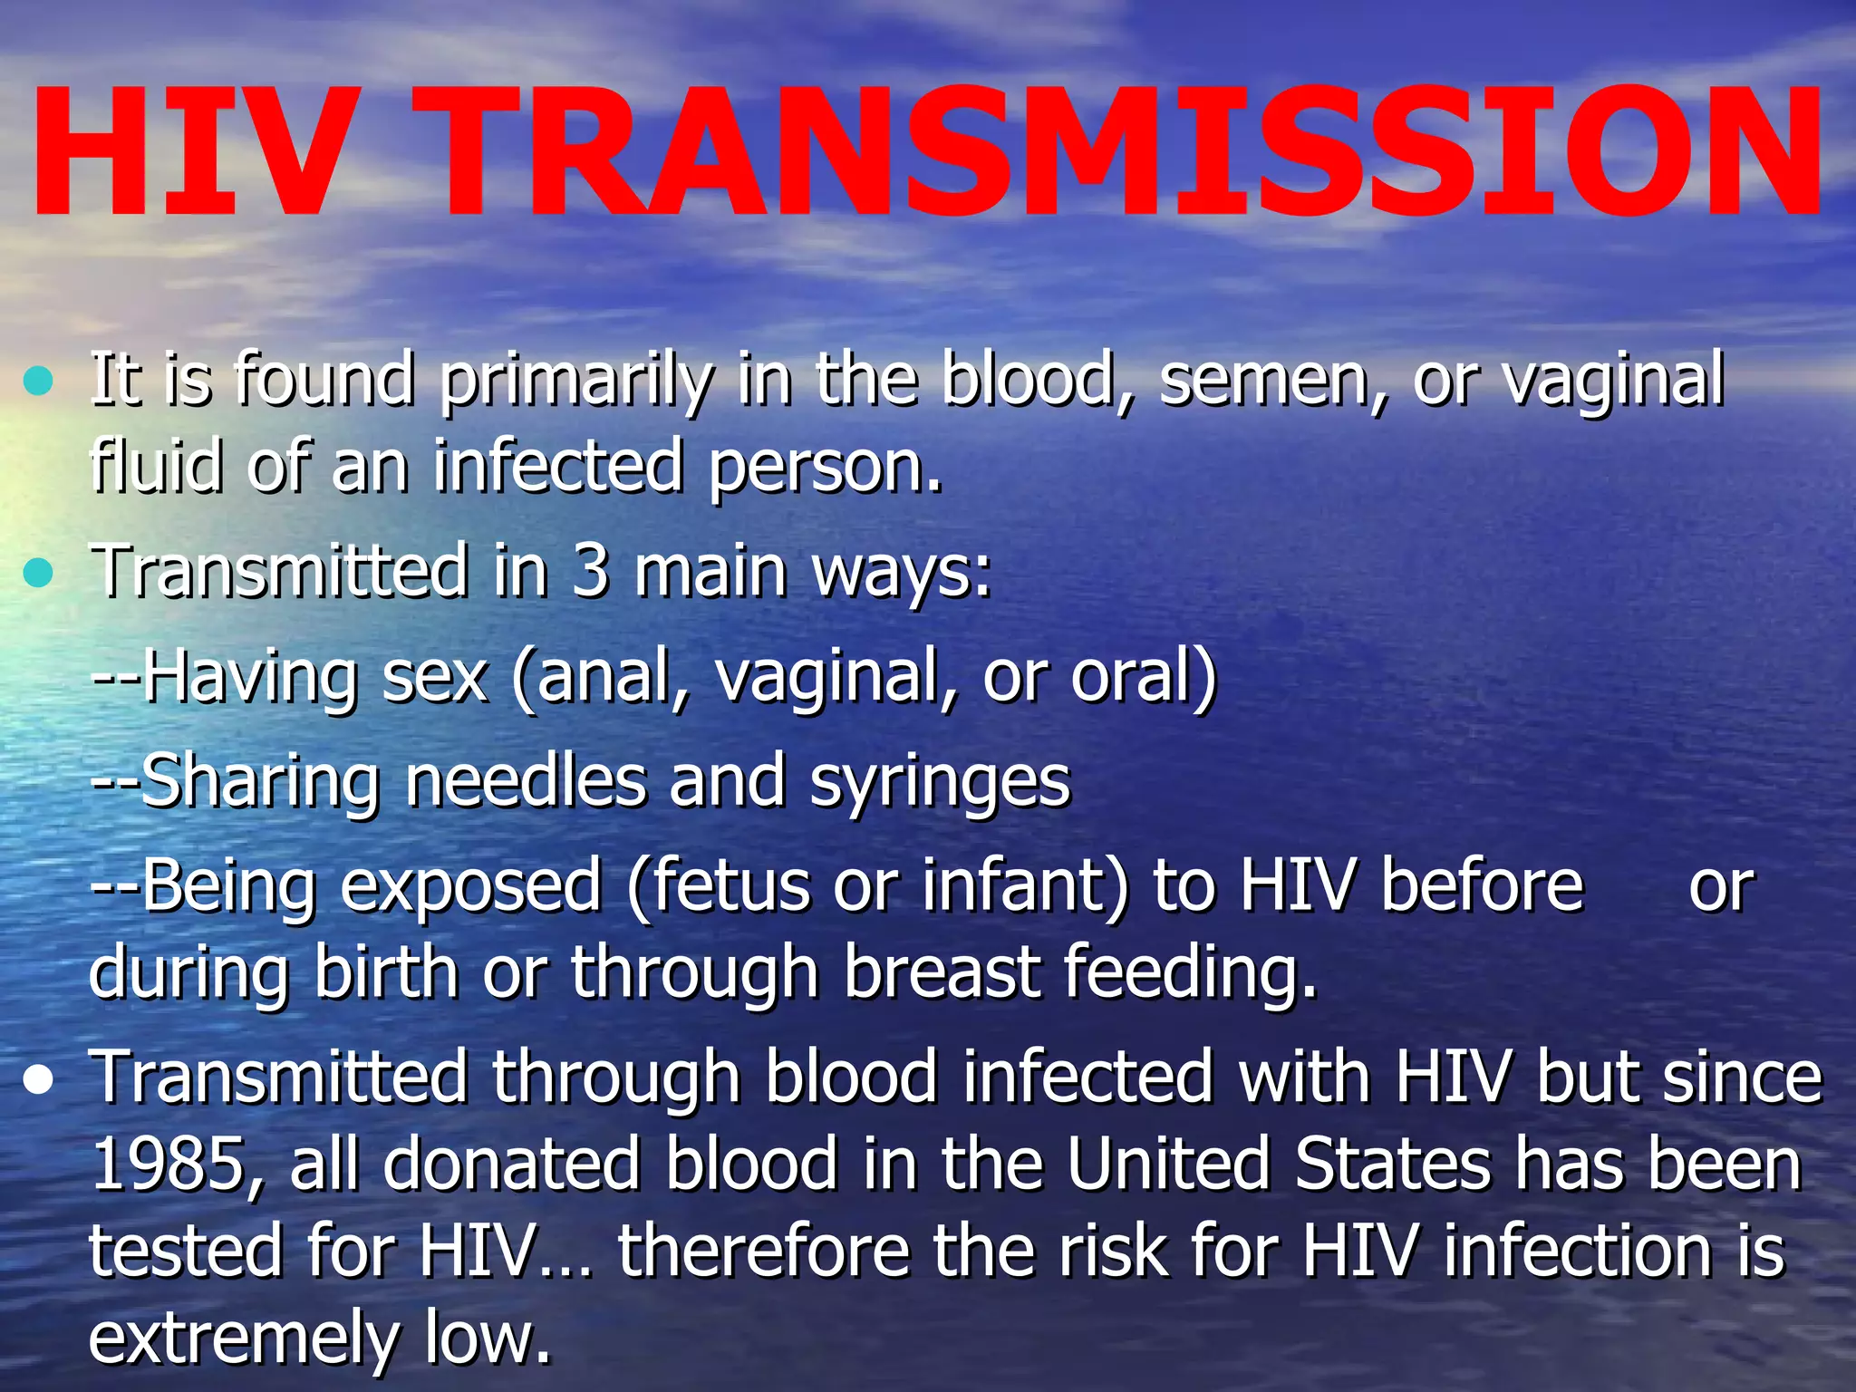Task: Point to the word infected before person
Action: pos(556,466)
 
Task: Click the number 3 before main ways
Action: pos(590,571)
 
